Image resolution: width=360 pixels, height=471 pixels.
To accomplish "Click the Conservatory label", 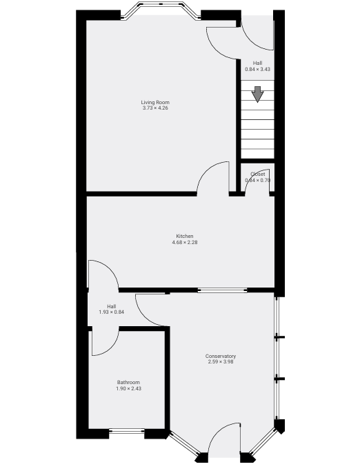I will click(x=221, y=356).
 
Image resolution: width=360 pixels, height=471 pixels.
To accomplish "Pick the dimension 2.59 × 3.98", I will click(x=221, y=361).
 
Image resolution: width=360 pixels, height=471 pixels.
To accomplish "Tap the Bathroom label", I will click(x=128, y=383).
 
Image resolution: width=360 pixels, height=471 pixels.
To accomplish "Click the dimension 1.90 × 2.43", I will click(x=128, y=388).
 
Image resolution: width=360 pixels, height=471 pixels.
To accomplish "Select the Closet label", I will click(x=258, y=174).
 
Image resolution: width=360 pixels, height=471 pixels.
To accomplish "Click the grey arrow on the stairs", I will click(x=257, y=94).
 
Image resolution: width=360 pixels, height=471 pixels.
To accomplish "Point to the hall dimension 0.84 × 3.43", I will click(x=257, y=69).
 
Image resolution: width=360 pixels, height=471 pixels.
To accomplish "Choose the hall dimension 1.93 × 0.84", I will click(x=112, y=312).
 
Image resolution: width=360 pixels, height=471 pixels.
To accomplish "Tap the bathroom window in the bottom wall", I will click(x=127, y=432).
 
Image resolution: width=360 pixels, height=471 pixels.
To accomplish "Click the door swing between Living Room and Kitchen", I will click(x=214, y=177).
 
